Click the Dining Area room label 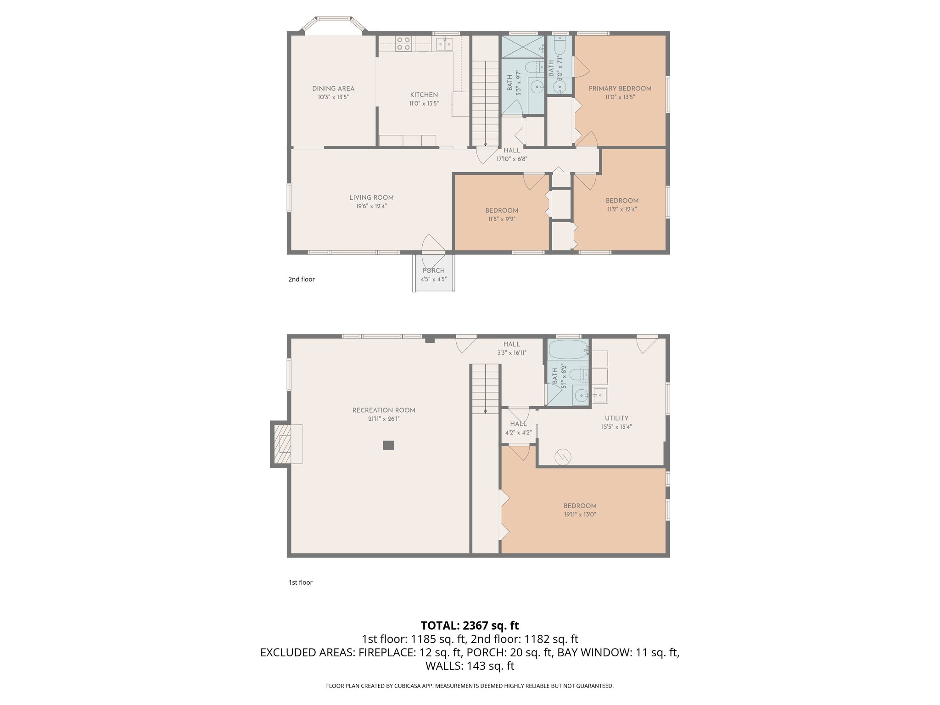(x=333, y=89)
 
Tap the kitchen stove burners (x=403, y=44)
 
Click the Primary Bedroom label (x=620, y=89)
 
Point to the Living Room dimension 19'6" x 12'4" (x=371, y=207)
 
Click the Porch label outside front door (x=433, y=270)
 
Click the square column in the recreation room (x=388, y=445)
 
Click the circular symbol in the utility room (x=563, y=456)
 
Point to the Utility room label (x=616, y=418)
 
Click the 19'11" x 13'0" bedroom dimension (x=580, y=515)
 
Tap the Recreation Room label (x=384, y=410)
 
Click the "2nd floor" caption (x=302, y=279)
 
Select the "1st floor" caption (x=300, y=582)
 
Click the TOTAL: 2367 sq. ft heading (x=470, y=625)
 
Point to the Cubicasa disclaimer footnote (x=470, y=686)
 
